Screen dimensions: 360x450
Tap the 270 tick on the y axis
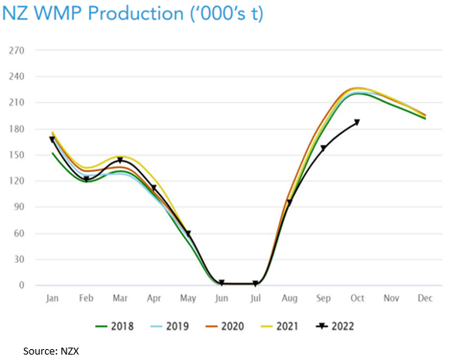[16, 50]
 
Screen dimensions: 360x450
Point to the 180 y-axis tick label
[16, 129]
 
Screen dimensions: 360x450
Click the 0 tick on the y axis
[22, 286]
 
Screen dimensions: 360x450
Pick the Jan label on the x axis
[52, 297]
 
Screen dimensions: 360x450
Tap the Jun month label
[222, 297]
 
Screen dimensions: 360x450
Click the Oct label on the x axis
[357, 297]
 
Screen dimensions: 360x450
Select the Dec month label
[425, 297]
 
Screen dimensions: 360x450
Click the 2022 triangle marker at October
[357, 122]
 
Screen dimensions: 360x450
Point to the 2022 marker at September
[323, 148]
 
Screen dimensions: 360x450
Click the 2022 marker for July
[256, 284]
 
